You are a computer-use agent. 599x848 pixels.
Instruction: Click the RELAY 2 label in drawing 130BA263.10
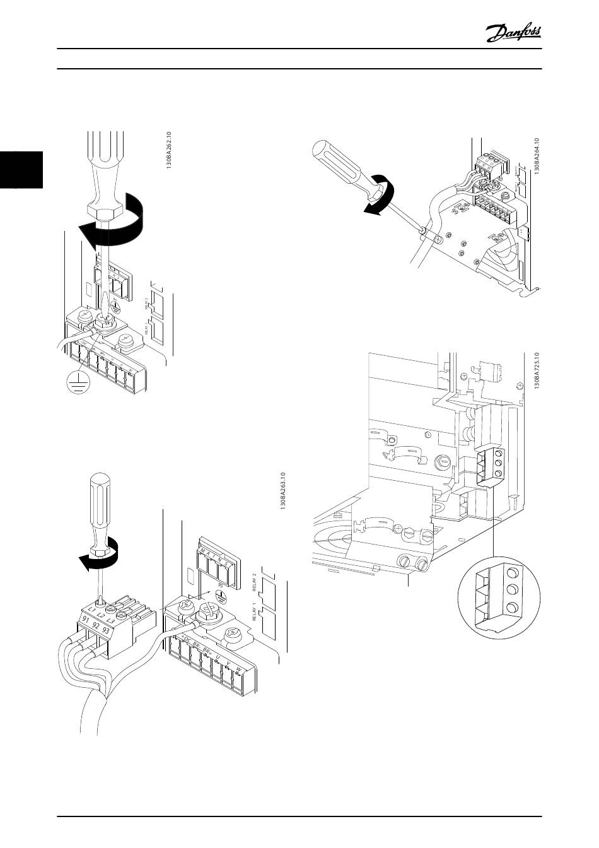pos(255,584)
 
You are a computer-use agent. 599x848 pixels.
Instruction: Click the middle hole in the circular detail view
pos(512,591)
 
